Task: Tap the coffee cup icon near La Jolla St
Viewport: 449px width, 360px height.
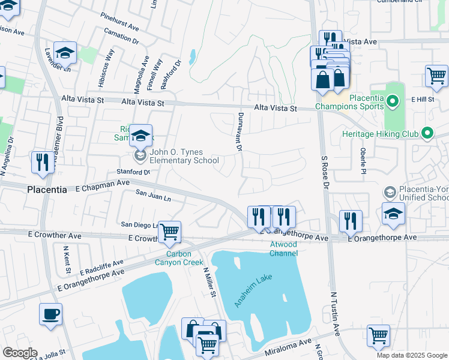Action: (x=50, y=314)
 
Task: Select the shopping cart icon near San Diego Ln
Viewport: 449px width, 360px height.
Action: (x=170, y=231)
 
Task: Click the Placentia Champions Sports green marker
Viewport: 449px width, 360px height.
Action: (x=393, y=102)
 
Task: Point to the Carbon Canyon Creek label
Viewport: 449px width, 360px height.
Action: (x=178, y=257)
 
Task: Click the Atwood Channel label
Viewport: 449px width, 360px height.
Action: (x=283, y=250)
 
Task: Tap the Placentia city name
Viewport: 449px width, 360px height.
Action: (x=47, y=189)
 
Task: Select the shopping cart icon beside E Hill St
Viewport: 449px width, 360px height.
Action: (x=436, y=76)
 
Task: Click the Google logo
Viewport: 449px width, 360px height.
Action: (x=20, y=353)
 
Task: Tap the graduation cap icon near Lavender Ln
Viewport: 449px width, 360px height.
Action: (x=65, y=53)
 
